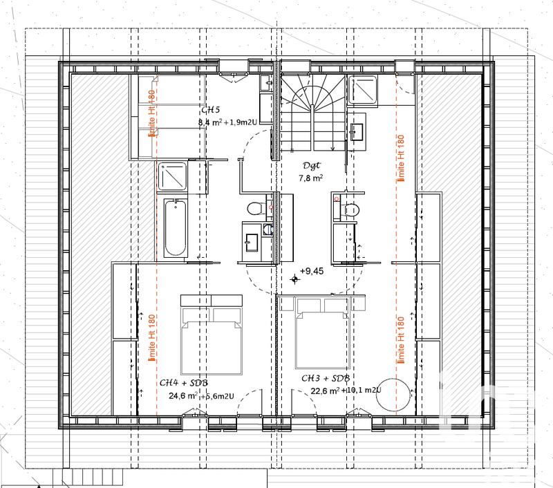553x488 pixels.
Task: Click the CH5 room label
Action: tap(211, 110)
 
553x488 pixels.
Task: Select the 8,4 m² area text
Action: tap(210, 122)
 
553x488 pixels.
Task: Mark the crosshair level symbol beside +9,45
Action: tap(295, 279)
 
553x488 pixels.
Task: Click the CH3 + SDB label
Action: tap(325, 379)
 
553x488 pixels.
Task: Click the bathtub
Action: tap(175, 228)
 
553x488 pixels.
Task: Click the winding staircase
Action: tap(312, 111)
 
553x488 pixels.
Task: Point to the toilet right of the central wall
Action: tap(350, 209)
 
